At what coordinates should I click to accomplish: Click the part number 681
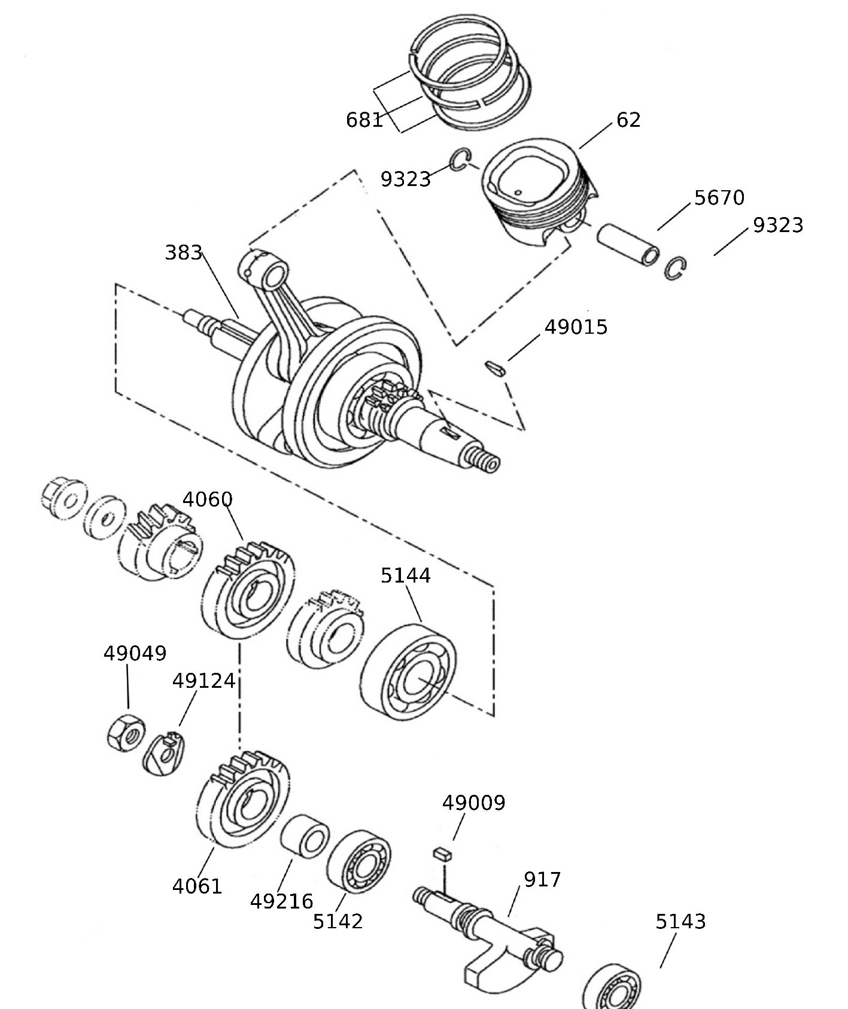coord(364,120)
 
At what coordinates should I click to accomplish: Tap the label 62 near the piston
coord(628,120)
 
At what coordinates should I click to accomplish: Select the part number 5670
coord(719,197)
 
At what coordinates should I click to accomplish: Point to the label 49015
coord(576,327)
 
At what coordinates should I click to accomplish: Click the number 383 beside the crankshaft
coord(183,252)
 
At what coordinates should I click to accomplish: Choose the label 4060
coord(207,499)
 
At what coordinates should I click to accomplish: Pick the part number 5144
coord(406,575)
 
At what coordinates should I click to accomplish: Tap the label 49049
coord(135,653)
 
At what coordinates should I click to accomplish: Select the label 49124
coord(203,681)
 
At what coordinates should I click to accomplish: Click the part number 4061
coord(197,886)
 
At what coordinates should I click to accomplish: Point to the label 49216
coord(281,901)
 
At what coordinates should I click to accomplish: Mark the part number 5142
coord(338,921)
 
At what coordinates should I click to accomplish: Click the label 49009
coord(473,803)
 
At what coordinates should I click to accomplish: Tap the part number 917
coord(542,879)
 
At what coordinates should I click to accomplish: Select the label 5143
coord(680,922)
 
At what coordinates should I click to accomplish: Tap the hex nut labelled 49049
coord(126,733)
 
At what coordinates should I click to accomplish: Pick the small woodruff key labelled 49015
coord(495,368)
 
